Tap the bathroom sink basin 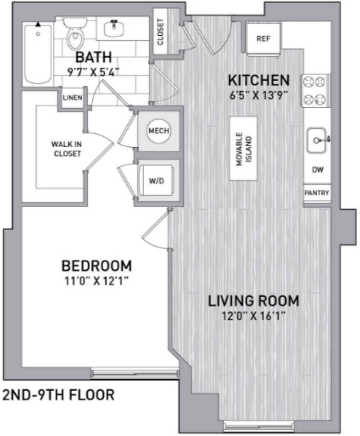(114, 29)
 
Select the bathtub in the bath (38, 53)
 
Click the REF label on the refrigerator (263, 39)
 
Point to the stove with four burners (315, 91)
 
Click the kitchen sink (316, 141)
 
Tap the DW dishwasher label (318, 169)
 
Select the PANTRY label (317, 193)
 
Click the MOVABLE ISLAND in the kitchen (243, 148)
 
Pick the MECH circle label (159, 131)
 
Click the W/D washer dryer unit (156, 181)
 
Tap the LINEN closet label (72, 98)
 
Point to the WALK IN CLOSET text (67, 149)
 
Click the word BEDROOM (97, 266)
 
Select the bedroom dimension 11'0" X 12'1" (96, 281)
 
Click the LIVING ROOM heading (254, 301)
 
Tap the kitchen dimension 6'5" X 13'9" (258, 95)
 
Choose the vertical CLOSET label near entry (160, 32)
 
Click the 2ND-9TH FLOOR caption (59, 395)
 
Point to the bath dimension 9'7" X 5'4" (94, 72)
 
